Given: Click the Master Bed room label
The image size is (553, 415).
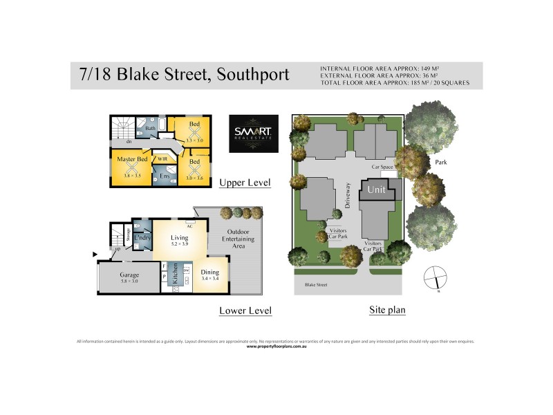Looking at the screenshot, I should [x=132, y=159].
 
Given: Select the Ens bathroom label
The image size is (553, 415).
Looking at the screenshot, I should [x=165, y=176].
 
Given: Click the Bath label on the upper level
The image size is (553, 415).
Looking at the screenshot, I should [x=150, y=127].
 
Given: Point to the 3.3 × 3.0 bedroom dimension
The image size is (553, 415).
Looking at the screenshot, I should [x=194, y=140].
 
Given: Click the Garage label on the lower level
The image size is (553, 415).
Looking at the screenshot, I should [x=129, y=275].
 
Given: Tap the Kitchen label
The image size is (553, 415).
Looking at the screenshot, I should [x=176, y=275].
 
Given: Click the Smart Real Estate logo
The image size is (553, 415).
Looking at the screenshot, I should [x=254, y=133].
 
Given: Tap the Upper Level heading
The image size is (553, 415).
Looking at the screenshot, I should [x=245, y=183].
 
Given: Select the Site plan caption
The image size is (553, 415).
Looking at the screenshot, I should [x=387, y=310].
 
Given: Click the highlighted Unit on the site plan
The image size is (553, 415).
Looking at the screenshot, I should [x=376, y=190].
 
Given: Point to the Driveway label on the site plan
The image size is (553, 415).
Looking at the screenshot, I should [x=349, y=196].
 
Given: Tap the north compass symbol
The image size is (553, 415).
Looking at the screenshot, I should [x=435, y=277].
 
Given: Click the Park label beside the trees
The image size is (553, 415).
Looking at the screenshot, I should [x=442, y=163].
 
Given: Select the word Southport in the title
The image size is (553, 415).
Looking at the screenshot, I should [x=253, y=75].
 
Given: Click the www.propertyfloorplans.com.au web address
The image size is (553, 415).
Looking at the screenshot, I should [x=276, y=346].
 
